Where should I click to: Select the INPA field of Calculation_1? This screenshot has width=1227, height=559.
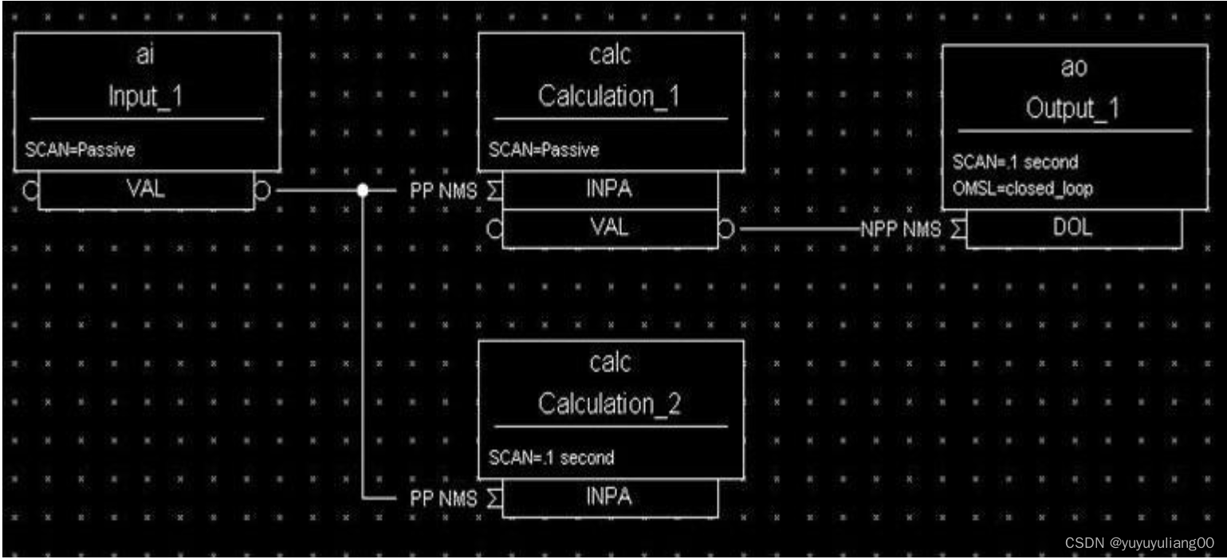610,191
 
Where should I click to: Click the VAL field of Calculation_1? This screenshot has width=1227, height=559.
610,228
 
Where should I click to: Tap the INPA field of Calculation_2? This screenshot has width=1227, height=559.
610,498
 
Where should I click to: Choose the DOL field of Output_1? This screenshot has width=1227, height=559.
1074,229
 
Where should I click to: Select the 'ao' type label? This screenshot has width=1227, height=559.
1074,70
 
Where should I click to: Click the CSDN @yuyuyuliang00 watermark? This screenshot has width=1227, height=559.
1139,542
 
